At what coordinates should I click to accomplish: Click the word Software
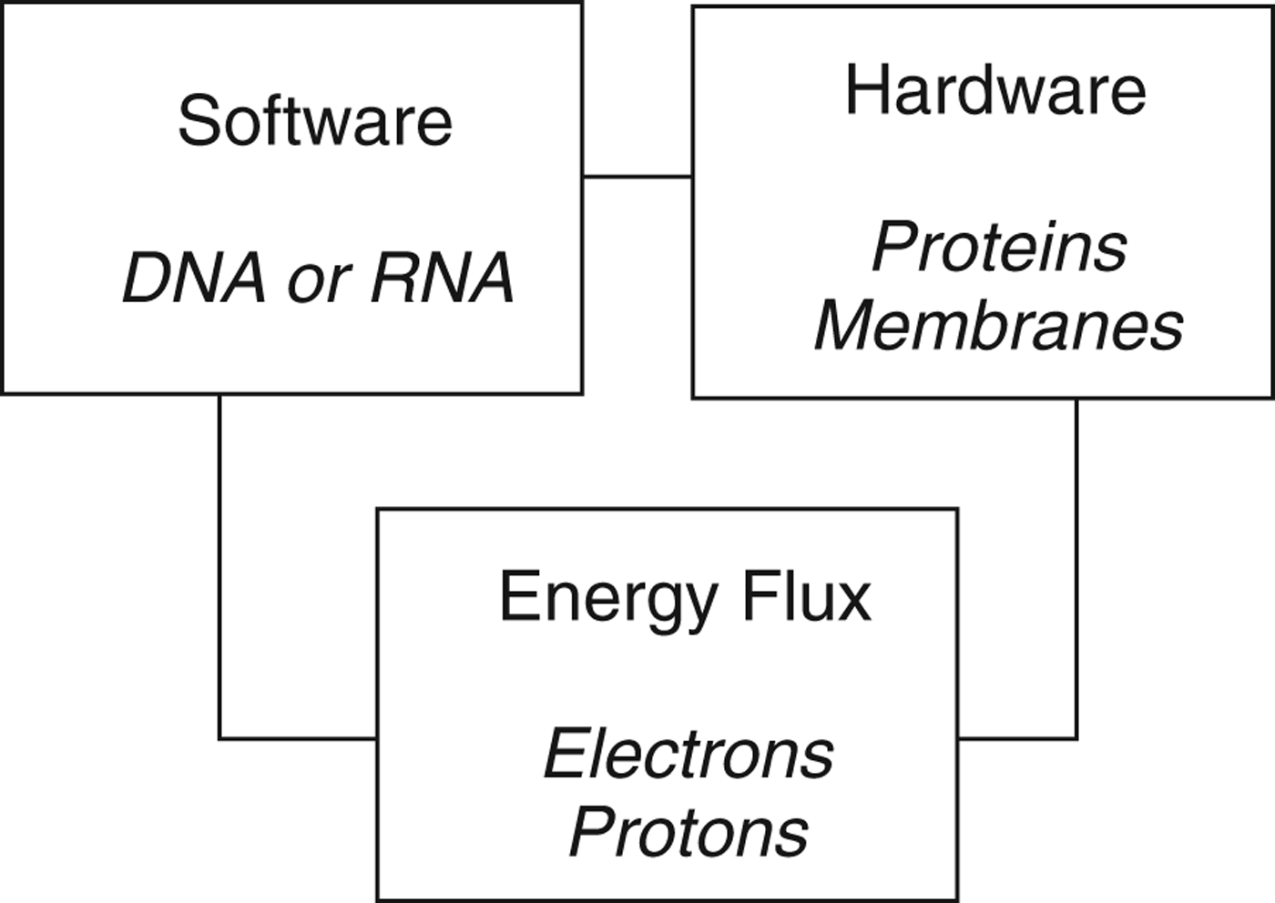pos(315,121)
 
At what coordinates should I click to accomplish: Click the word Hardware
pos(995,91)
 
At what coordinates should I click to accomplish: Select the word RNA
pos(443,279)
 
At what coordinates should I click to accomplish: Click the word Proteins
pos(999,248)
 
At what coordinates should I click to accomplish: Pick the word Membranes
pos(999,326)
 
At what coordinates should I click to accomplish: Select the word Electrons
pos(688,755)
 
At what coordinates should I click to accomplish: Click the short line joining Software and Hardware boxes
pos(637,177)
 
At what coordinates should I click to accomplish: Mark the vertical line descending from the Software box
pos(219,564)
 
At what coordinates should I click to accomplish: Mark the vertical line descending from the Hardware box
pos(1076,564)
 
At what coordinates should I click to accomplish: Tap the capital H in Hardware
pos(865,91)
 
